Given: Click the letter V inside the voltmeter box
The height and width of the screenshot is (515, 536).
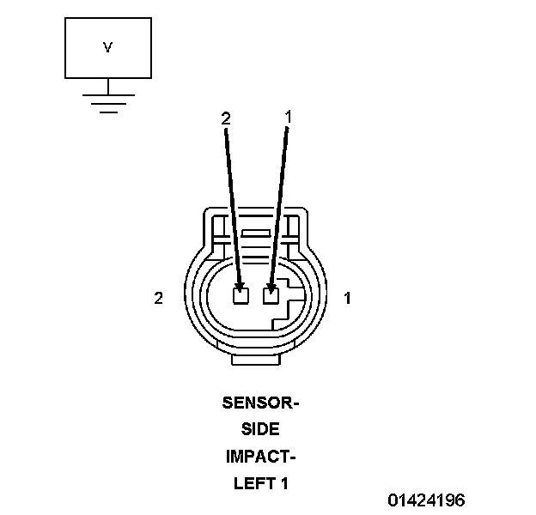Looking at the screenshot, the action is click(107, 48).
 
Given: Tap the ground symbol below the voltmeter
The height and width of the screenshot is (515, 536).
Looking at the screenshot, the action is click(107, 101).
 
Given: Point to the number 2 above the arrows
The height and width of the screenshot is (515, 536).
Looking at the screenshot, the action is click(226, 119).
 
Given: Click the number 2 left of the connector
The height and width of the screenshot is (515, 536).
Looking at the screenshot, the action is click(158, 298).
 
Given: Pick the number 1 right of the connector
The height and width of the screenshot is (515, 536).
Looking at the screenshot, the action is click(347, 298).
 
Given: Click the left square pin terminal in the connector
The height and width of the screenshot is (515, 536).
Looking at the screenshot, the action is click(241, 295).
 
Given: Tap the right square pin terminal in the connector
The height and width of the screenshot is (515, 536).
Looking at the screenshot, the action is click(271, 295).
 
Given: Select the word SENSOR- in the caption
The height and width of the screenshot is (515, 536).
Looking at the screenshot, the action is click(260, 402).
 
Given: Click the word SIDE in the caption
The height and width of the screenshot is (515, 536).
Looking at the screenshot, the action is click(260, 429).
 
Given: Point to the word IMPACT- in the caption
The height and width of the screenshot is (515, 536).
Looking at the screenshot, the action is click(260, 456).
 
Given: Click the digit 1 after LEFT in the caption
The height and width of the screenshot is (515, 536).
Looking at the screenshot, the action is click(283, 483).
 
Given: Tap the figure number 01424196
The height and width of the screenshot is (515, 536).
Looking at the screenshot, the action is click(426, 500).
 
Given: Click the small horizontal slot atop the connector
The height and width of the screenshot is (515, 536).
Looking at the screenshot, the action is click(255, 233).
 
